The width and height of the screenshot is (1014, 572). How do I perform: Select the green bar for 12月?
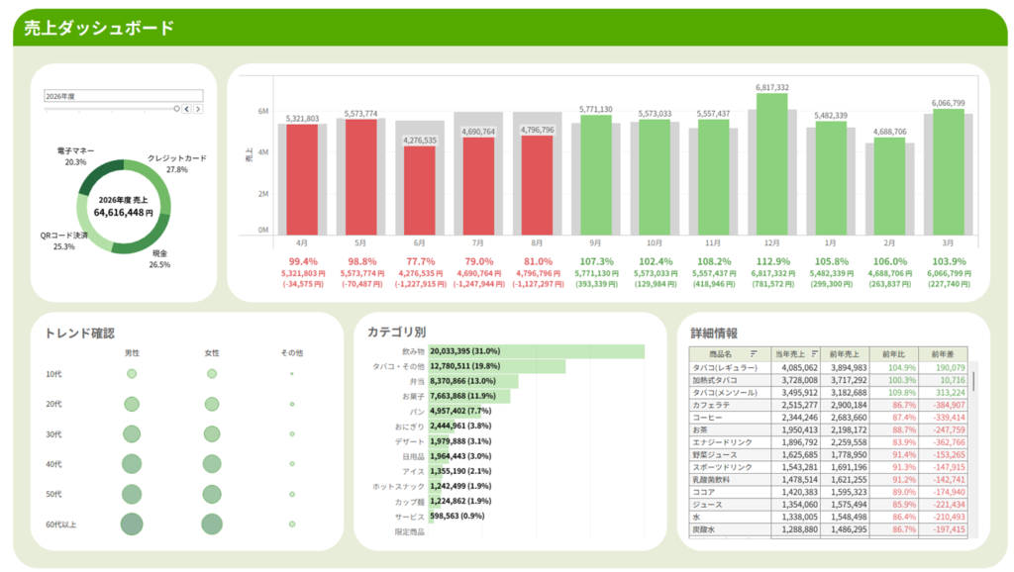[772, 164]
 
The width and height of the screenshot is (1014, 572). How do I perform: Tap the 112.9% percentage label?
[772, 261]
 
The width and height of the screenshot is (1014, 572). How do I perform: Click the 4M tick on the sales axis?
[263, 152]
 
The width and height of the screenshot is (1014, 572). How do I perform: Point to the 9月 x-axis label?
[596, 242]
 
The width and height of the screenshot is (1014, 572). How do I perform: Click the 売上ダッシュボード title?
[99, 28]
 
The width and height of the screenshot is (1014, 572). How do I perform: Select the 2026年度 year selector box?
[123, 96]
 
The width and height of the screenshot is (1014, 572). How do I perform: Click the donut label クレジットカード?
[177, 158]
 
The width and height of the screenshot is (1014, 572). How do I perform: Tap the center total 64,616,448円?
[124, 212]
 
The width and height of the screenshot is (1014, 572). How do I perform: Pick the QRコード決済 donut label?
[64, 236]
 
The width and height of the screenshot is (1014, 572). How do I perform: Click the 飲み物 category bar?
[536, 351]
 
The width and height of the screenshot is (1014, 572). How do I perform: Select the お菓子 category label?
[412, 396]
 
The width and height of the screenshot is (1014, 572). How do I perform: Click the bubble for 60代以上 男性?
[132, 524]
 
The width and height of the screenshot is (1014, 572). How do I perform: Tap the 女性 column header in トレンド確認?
[212, 352]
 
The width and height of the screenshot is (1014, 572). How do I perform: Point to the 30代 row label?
[54, 434]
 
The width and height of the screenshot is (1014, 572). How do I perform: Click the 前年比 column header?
[894, 353]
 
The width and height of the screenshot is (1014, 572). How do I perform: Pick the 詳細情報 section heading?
[714, 334]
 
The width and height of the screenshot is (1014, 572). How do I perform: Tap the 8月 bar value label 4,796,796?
[537, 130]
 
